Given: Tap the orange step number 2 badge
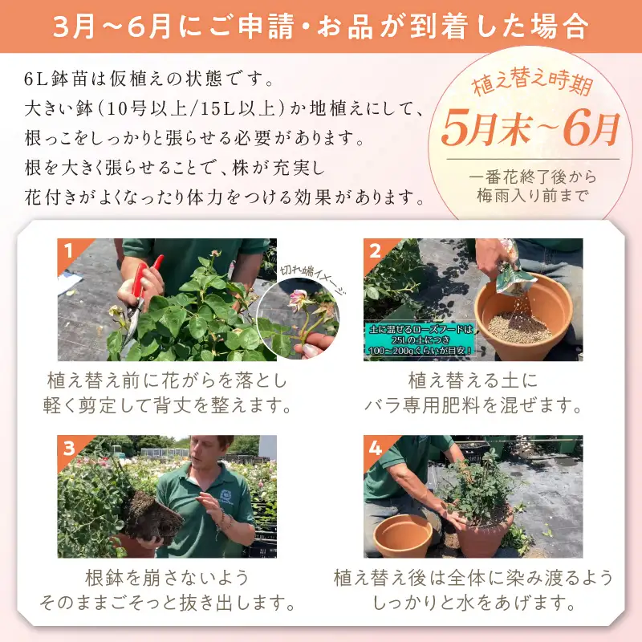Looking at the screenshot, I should click(x=375, y=250).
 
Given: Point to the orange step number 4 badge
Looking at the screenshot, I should click(x=375, y=447).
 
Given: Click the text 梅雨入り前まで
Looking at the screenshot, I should click(x=531, y=194).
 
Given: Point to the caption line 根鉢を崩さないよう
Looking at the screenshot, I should click(x=167, y=578).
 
